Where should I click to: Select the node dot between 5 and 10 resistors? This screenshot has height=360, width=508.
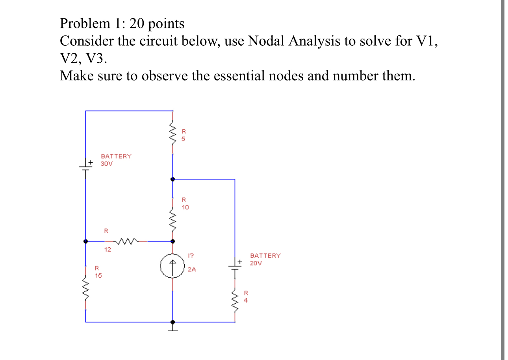pyautogui.click(x=172, y=179)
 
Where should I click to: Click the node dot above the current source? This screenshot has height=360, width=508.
pyautogui.click(x=172, y=241)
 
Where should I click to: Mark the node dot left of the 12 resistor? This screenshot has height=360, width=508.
pyautogui.click(x=86, y=241)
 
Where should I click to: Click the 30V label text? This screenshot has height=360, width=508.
pyautogui.click(x=106, y=164)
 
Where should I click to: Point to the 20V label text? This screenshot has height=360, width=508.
pyautogui.click(x=256, y=263)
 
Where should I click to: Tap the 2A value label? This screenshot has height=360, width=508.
pyautogui.click(x=192, y=269)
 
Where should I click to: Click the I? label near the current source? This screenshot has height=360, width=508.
pyautogui.click(x=191, y=256)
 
